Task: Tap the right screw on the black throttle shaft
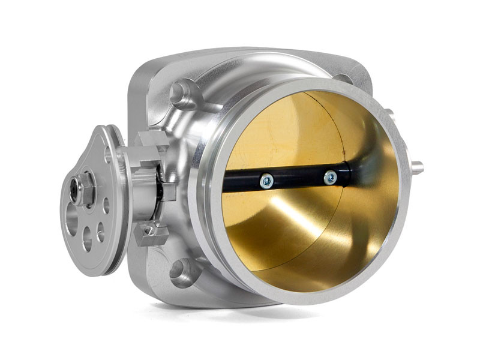tap(330, 177)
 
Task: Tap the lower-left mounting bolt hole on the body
tap(180, 271)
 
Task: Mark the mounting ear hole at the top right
tap(343, 79)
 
